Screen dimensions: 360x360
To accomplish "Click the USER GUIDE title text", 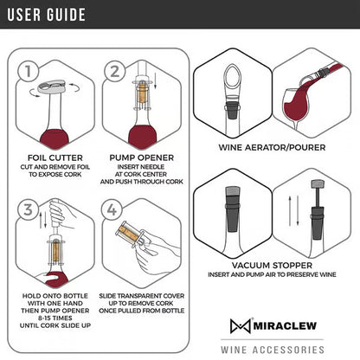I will click(x=48, y=15).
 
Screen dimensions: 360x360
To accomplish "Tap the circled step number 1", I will click(x=30, y=72).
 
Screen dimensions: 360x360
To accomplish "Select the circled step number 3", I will click(x=29, y=210).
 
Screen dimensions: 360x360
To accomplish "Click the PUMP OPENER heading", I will click(x=141, y=157).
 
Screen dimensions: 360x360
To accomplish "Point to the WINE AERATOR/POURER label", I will click(x=272, y=147).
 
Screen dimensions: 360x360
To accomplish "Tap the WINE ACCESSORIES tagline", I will click(x=272, y=350).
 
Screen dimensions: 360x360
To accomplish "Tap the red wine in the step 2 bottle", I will click(x=141, y=135).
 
